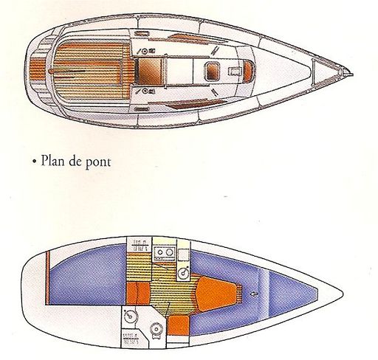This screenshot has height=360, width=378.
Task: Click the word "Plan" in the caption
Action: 51,160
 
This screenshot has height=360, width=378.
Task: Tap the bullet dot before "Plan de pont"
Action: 35,162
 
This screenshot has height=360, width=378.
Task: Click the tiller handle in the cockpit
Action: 67,71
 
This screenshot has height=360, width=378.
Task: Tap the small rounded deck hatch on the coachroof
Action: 212,72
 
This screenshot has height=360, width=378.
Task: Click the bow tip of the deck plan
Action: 353,75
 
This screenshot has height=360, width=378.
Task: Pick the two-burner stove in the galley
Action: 165,254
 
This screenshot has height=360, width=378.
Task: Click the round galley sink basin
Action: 184,274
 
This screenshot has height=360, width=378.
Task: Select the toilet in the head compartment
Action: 157,330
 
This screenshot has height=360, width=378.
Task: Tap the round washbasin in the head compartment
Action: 129,316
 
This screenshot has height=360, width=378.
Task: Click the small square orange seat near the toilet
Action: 179,325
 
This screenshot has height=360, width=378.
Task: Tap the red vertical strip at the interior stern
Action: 48,278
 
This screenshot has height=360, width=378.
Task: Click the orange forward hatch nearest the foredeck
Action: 248,72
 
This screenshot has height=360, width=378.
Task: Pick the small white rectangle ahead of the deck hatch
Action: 234,72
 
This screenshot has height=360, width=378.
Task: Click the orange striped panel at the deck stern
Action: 38,68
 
